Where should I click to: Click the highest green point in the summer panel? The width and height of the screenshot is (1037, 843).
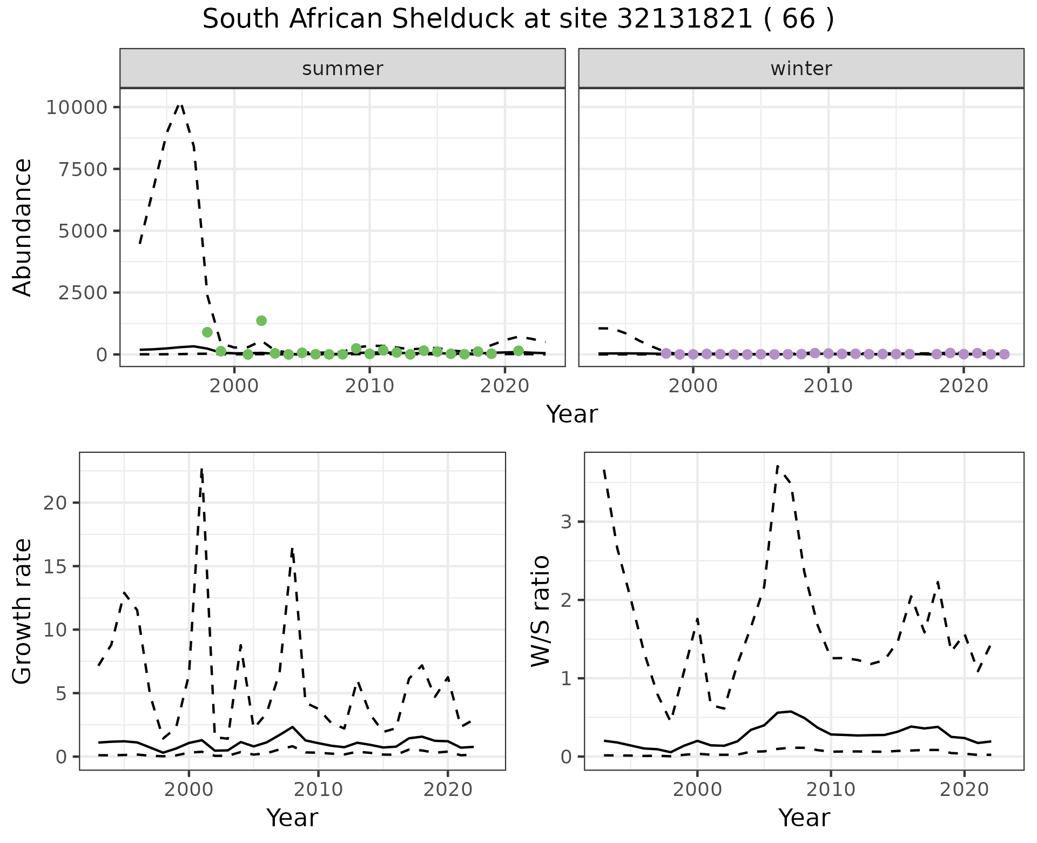point(261,320)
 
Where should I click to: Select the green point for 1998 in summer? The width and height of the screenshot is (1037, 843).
point(207,332)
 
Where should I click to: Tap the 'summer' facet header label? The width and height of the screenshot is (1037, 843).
point(342,69)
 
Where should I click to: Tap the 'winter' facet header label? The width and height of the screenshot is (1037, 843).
point(801,69)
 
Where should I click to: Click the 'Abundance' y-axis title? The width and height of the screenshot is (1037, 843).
point(23,227)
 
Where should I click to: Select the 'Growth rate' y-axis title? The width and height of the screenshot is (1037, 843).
point(23,612)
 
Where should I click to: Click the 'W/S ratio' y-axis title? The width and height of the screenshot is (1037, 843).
point(540,611)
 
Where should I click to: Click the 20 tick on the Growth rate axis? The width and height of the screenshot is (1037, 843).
point(56,503)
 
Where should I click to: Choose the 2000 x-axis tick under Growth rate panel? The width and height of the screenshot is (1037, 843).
point(188,790)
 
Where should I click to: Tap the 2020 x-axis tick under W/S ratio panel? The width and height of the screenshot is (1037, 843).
point(964,790)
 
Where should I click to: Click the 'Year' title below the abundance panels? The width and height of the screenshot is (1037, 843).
point(572,414)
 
